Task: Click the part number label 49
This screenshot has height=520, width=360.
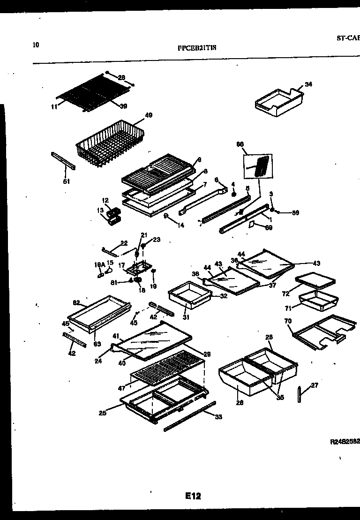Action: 149,114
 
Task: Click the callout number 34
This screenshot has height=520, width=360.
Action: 308,84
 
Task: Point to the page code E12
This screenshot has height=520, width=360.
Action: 193,496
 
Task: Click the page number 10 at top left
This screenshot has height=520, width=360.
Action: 36,45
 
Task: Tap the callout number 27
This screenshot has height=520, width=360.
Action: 314,385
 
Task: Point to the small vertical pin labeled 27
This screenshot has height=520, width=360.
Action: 300,394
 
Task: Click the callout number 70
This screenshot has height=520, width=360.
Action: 288,322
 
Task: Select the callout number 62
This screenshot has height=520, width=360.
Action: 76,302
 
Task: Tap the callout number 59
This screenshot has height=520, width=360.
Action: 295,213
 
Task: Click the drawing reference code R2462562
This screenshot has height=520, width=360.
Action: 345,442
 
